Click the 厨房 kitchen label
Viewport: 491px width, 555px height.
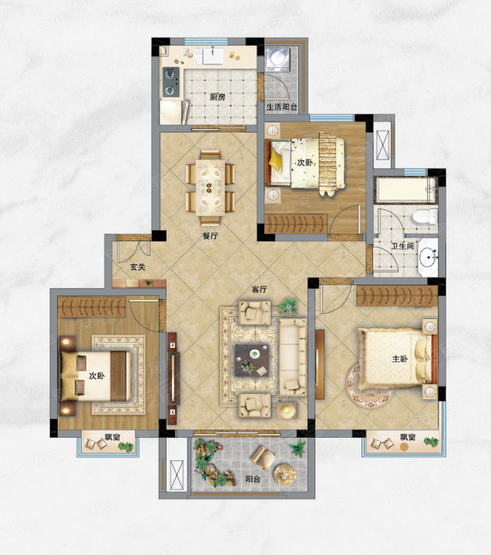pyautogui.click(x=217, y=96)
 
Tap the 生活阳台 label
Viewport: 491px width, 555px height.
pyautogui.click(x=282, y=107)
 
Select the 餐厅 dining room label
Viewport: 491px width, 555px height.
pyautogui.click(x=210, y=236)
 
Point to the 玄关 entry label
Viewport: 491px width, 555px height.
pyautogui.click(x=137, y=267)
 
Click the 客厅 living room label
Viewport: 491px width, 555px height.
pyautogui.click(x=259, y=290)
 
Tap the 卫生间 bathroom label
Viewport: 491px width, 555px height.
pyautogui.click(x=402, y=245)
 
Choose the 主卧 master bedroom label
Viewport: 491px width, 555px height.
pyautogui.click(x=400, y=359)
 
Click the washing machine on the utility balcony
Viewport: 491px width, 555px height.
pyautogui.click(x=277, y=59)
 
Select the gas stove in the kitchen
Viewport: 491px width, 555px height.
pyautogui.click(x=171, y=82)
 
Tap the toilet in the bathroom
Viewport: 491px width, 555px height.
pyautogui.click(x=425, y=217)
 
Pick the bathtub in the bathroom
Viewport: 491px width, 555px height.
pyautogui.click(x=405, y=190)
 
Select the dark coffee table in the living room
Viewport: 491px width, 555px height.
pyautogui.click(x=252, y=360)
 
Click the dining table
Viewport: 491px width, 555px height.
pyautogui.click(x=210, y=187)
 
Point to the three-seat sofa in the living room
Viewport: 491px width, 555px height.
pyautogui.click(x=293, y=357)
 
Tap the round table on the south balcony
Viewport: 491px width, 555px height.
pyautogui.click(x=284, y=473)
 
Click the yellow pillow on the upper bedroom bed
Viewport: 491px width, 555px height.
pyautogui.click(x=275, y=161)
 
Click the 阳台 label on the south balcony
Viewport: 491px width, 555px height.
pyautogui.click(x=252, y=479)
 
